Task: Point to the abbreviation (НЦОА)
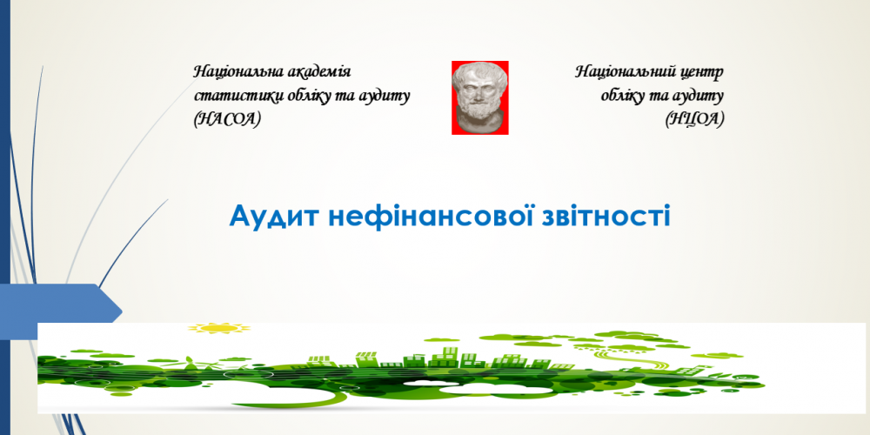tap(694, 119)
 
